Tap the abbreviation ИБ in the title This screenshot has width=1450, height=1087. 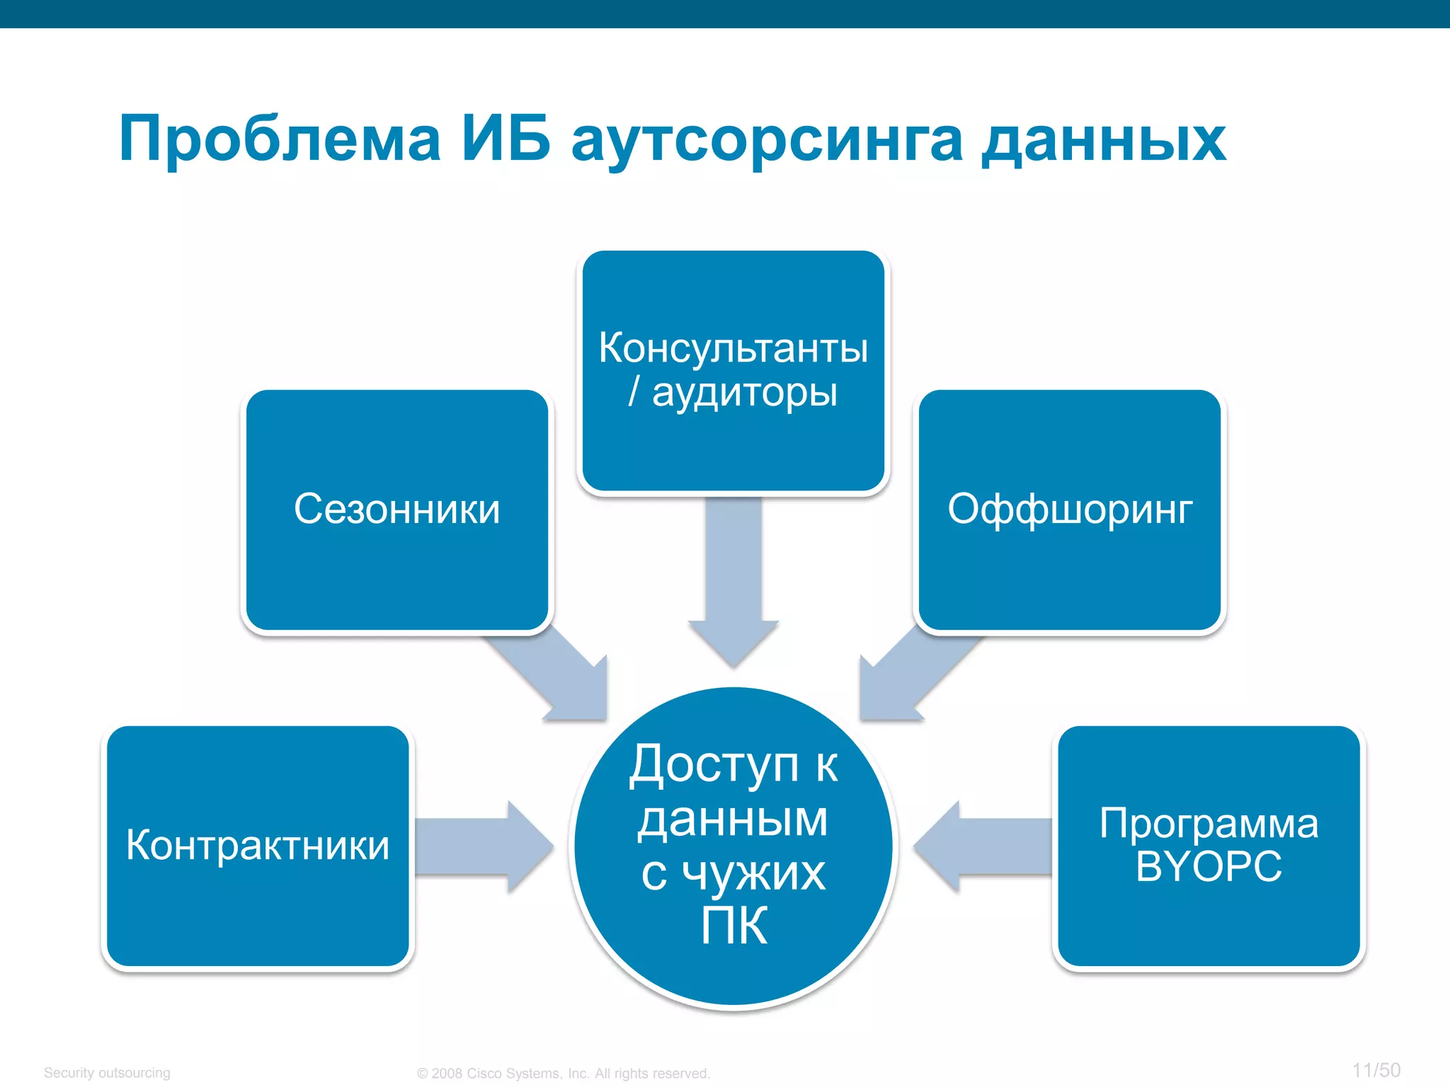tap(506, 139)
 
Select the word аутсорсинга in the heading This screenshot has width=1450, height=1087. tap(766, 140)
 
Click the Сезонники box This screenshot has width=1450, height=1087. tap(396, 510)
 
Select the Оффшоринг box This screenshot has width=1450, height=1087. tap(1070, 510)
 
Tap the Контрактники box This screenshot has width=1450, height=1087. tap(258, 846)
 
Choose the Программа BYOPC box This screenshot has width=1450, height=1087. tap(1209, 846)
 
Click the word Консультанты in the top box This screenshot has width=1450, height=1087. tap(733, 348)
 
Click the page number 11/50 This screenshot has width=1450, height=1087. tap(1376, 1070)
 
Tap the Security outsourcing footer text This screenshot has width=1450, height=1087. tap(107, 1073)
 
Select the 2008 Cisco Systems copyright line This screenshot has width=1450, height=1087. tap(564, 1074)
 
